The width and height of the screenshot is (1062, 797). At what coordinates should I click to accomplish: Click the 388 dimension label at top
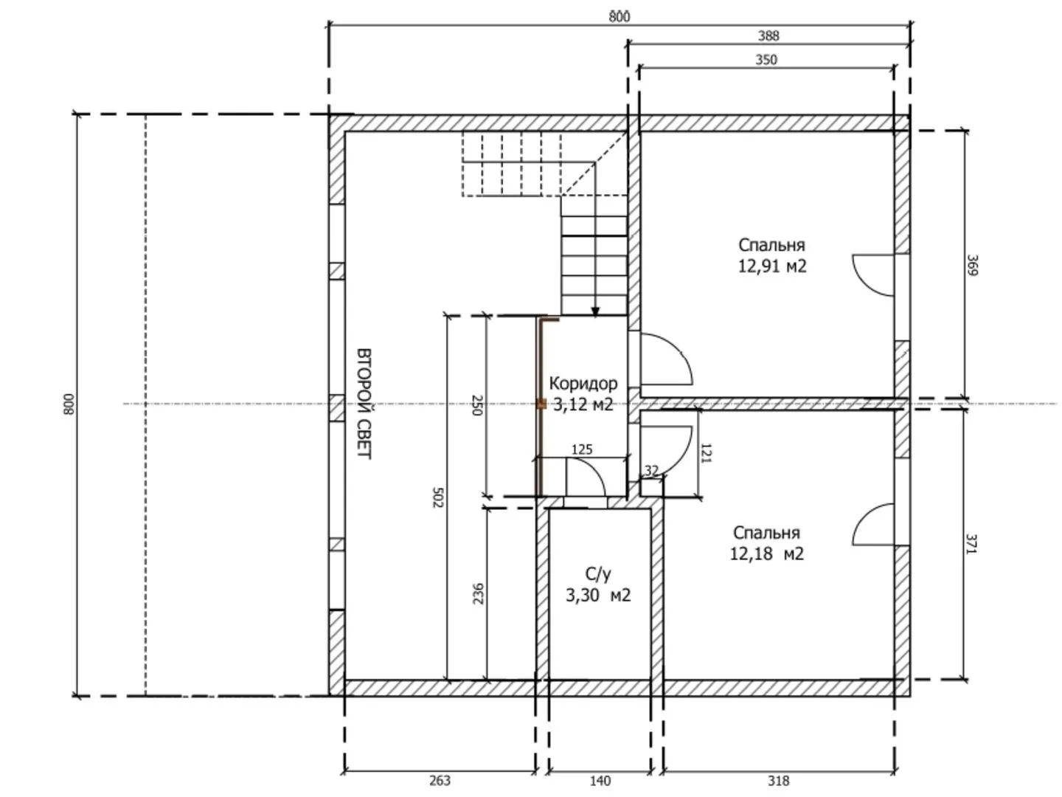coord(768,36)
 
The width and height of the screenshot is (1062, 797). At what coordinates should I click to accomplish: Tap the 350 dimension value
coord(766,60)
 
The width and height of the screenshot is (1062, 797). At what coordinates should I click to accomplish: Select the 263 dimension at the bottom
coord(440,780)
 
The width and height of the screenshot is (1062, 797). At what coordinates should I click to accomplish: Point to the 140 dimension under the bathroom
coord(600,781)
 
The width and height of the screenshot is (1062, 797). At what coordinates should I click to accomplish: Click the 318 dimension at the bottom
coord(778,780)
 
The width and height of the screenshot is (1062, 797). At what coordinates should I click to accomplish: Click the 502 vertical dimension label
coord(437,497)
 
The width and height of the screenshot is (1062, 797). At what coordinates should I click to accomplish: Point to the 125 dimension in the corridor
coord(582,449)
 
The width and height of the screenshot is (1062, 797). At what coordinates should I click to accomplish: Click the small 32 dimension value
coord(651,470)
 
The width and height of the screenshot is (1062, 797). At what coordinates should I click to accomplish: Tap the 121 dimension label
coord(706,453)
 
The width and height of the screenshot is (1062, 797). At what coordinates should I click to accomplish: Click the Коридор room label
coord(583,383)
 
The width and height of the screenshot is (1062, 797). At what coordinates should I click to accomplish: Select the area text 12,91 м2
coord(771,266)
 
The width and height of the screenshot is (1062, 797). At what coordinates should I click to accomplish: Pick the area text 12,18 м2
coord(766,553)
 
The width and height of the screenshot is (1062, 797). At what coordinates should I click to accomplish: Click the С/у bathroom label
coord(598,574)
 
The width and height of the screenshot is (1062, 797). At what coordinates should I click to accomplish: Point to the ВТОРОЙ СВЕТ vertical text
coord(364,404)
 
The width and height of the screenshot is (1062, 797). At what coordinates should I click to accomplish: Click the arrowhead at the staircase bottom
coord(595,311)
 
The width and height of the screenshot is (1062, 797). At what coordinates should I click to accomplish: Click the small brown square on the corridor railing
coord(541,404)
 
